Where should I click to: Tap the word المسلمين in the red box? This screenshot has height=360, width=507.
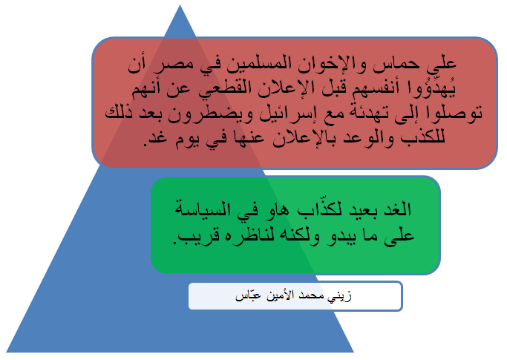pos(252,64)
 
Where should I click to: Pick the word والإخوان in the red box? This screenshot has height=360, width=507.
pos(330,64)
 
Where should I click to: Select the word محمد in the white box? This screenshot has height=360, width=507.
pos(309,295)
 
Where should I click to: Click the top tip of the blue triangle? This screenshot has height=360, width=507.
pos(180,5)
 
